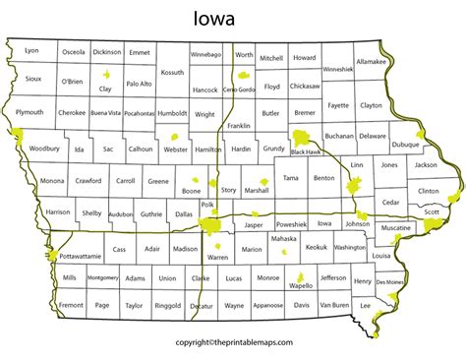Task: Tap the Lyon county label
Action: [x=31, y=50]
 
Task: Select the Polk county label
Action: [x=206, y=205]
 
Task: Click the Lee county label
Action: [x=365, y=306]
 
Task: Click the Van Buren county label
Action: [x=334, y=306]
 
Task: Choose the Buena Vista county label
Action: [x=105, y=113]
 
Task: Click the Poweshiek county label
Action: [x=291, y=223]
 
